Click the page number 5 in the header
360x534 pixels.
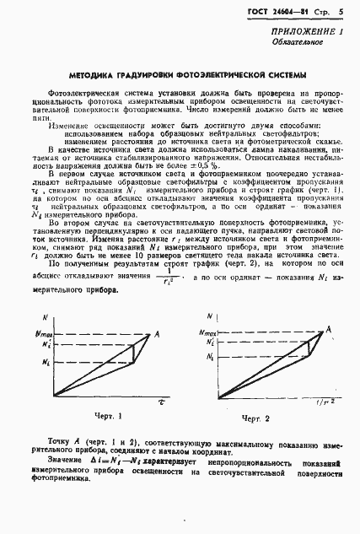(x=341, y=12)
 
